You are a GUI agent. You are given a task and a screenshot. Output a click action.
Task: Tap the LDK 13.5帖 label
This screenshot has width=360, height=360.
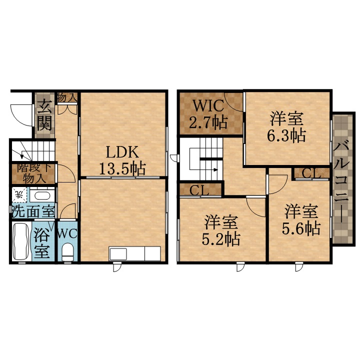[121, 160]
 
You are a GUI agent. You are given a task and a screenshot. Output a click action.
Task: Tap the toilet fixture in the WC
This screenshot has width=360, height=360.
[67, 252]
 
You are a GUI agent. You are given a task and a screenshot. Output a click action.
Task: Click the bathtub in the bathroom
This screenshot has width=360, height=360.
[20, 242]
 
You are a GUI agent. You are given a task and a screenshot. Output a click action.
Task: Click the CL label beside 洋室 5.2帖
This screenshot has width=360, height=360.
[199, 190]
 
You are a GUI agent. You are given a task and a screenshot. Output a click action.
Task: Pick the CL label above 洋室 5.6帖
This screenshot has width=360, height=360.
[311, 173]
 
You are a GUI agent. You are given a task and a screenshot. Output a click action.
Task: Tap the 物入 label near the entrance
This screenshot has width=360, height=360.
[66, 97]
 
